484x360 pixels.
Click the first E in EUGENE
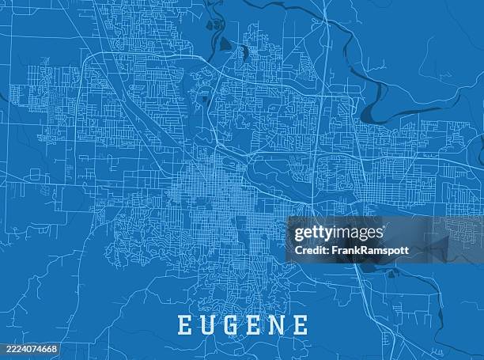coord(183,325)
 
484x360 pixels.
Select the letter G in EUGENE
coord(232,325)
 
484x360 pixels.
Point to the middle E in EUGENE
coord(255,325)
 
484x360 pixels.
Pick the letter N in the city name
coord(278,325)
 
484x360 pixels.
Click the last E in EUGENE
coord(301,325)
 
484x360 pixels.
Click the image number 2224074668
coord(28,348)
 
